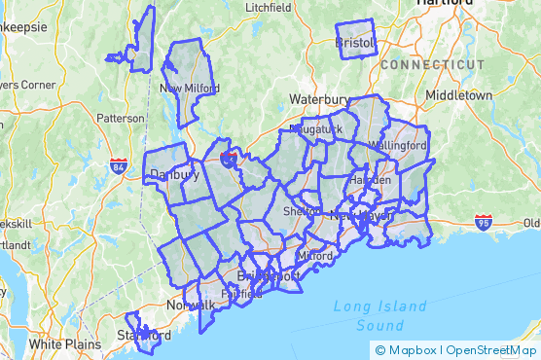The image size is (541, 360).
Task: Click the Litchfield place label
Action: click(x=270, y=7)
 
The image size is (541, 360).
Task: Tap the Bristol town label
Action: click(x=355, y=43)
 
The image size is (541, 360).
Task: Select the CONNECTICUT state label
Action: click(x=432, y=64)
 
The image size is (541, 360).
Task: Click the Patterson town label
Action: click(x=120, y=118)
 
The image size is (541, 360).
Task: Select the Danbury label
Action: click(x=174, y=175)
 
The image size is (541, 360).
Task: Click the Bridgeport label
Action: click(x=269, y=275)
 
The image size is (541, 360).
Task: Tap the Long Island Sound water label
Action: click(x=379, y=315)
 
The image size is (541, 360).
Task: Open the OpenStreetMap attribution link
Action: click(x=490, y=350)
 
